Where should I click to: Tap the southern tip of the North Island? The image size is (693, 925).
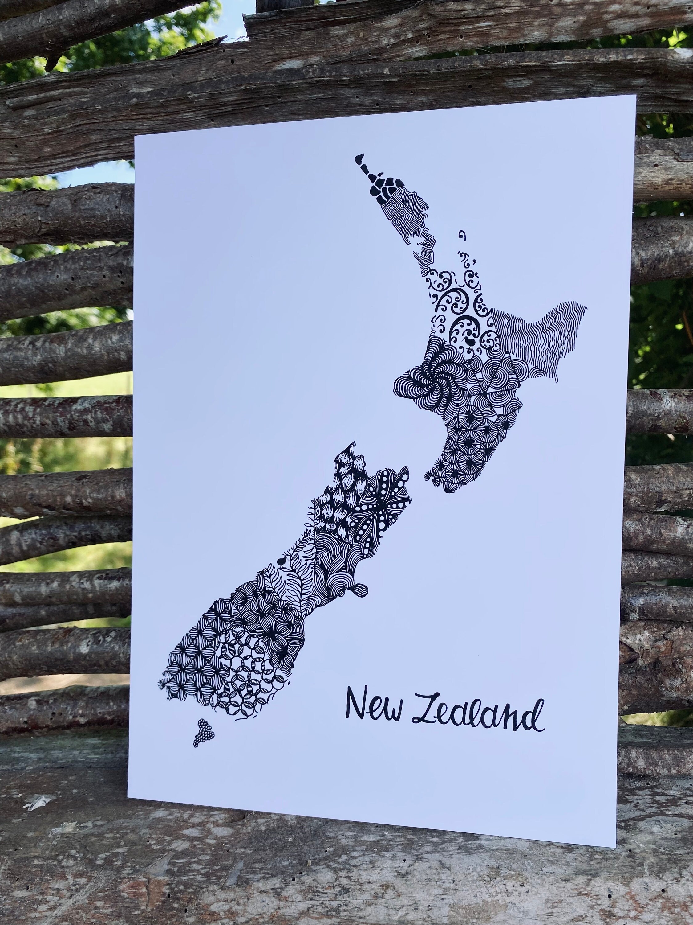430,478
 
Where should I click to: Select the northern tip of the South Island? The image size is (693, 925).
354,443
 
